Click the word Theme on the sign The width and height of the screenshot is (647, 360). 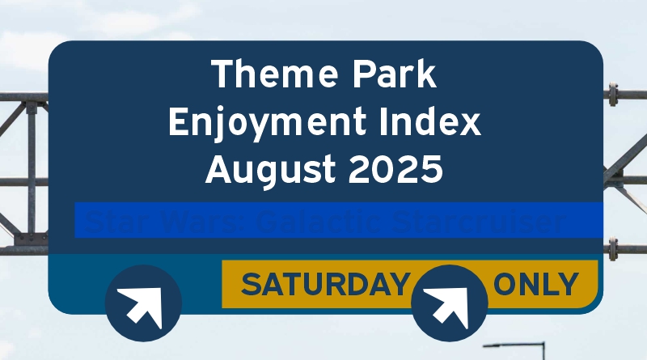(x=266, y=75)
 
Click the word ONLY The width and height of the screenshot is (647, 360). (x=536, y=285)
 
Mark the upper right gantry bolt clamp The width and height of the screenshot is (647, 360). (x=612, y=95)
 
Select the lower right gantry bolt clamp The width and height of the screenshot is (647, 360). (x=612, y=245)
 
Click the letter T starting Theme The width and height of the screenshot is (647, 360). (x=221, y=75)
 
